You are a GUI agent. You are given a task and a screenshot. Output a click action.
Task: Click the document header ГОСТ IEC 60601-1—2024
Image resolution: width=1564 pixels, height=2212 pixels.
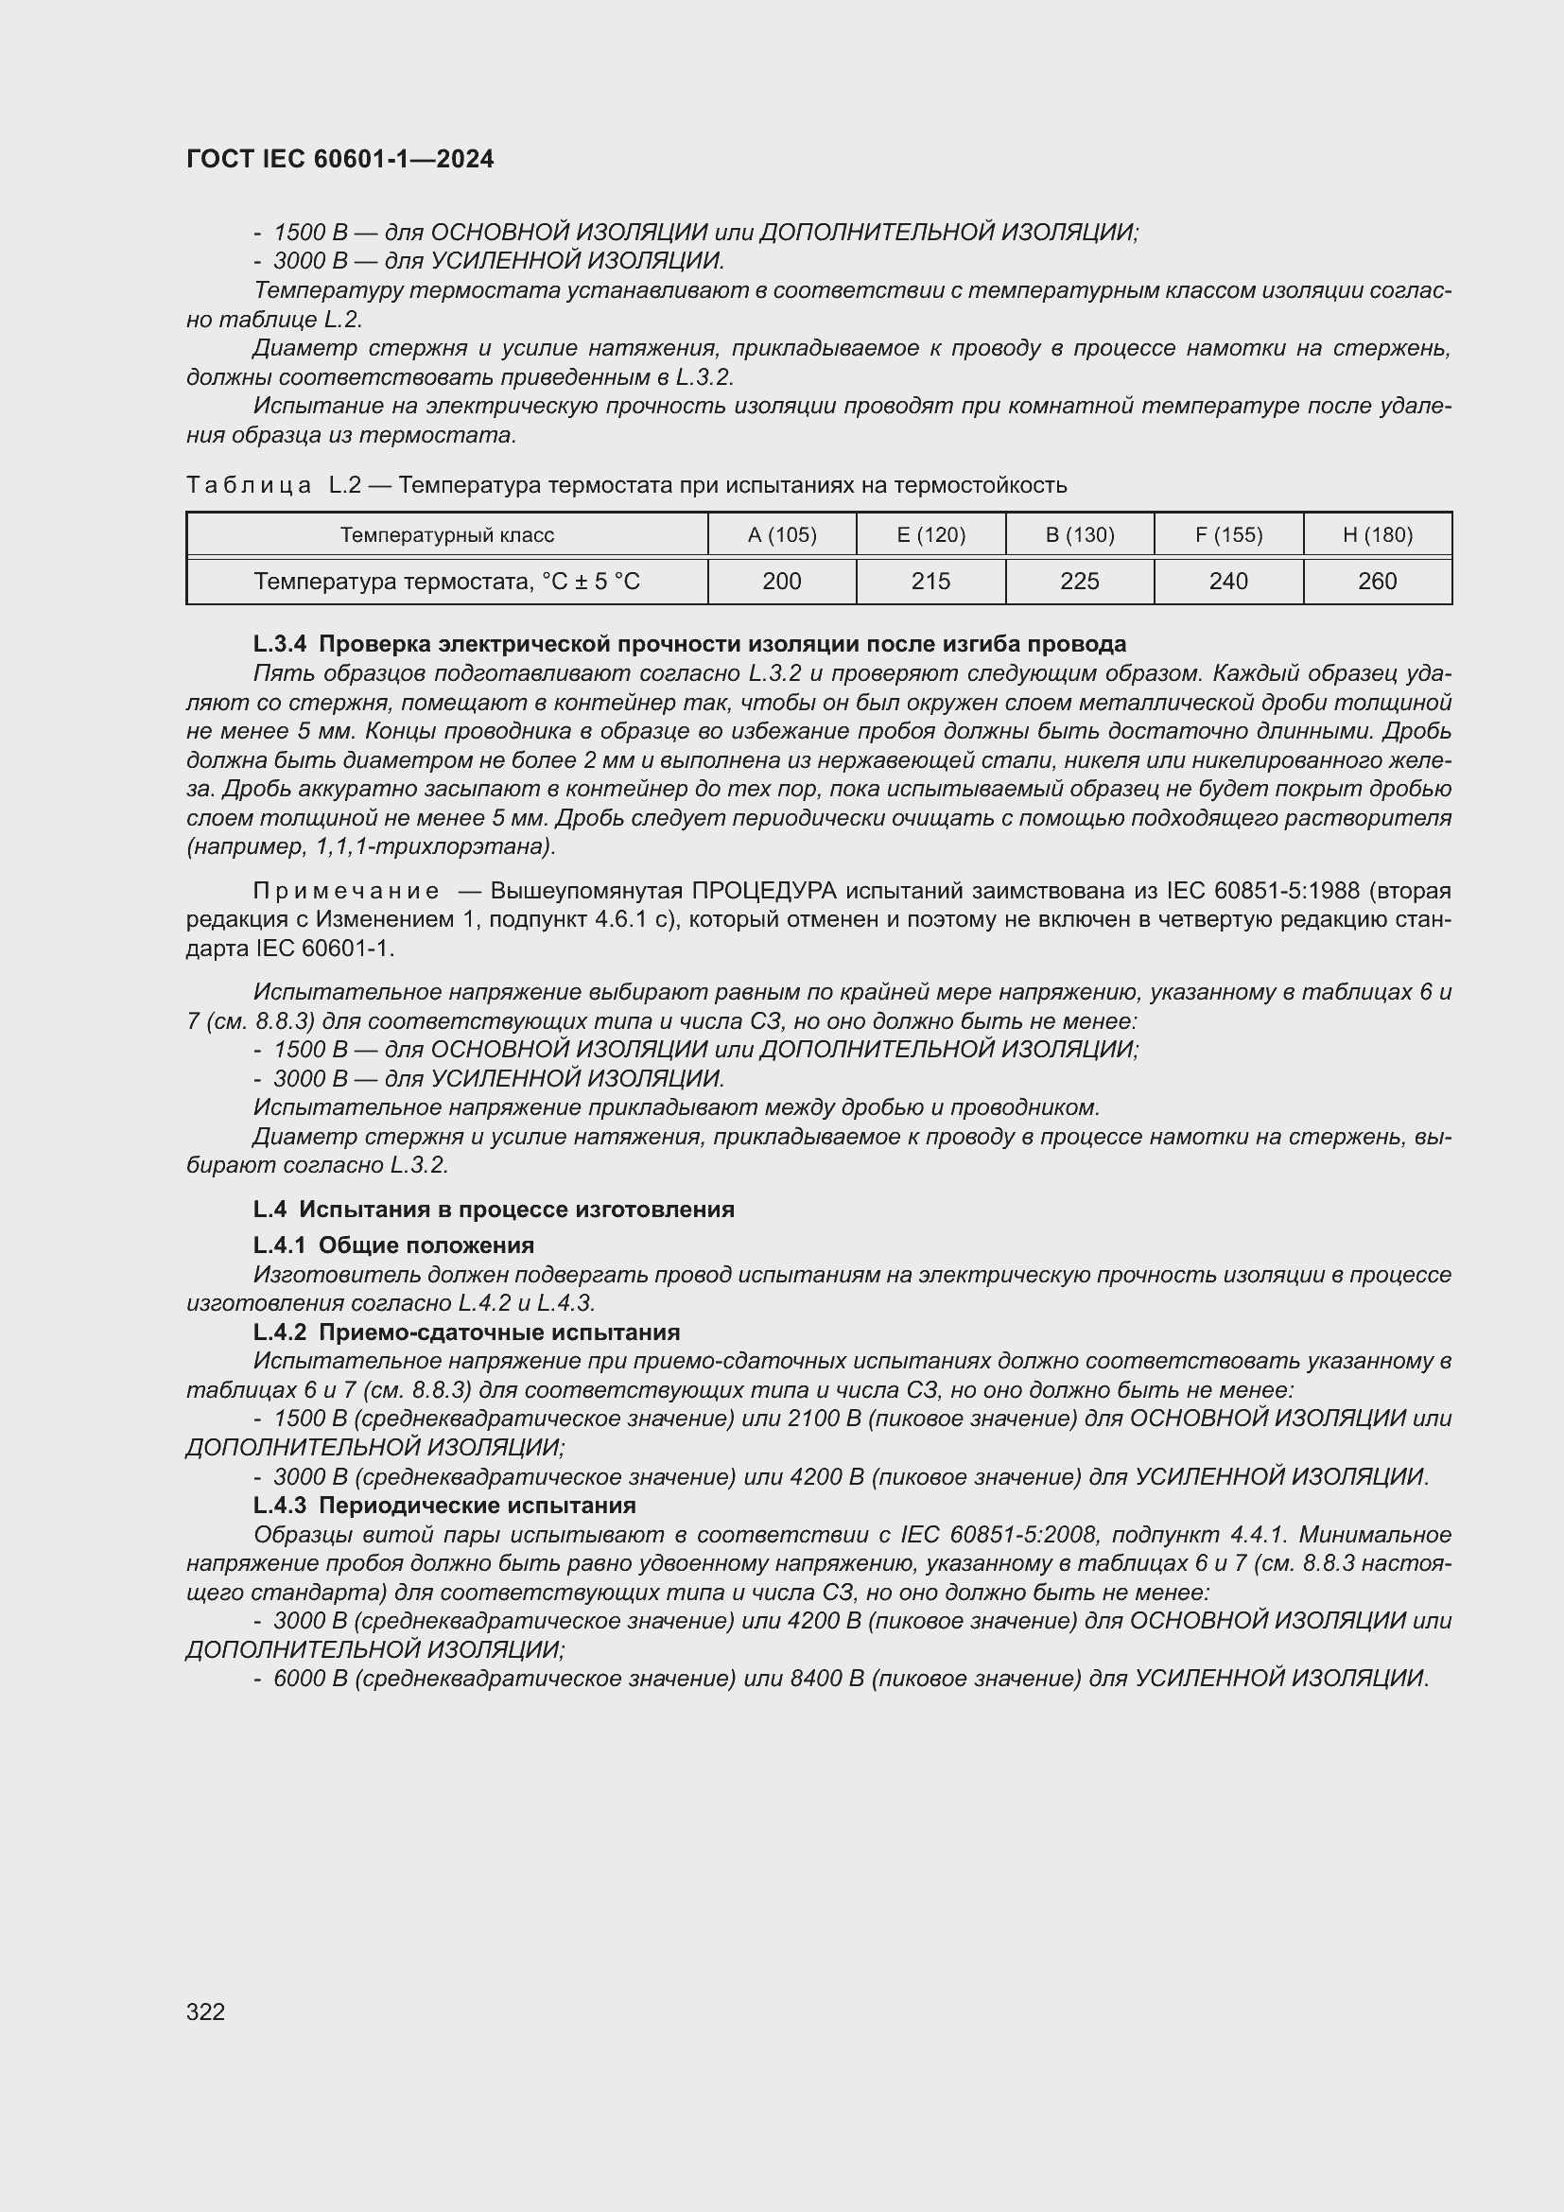340,159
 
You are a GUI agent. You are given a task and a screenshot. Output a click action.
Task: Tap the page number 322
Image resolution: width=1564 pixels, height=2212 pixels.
205,2012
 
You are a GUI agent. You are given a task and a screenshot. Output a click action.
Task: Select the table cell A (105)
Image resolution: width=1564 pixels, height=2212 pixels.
781,534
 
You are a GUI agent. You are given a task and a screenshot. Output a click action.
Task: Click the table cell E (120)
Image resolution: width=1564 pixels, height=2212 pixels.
930,534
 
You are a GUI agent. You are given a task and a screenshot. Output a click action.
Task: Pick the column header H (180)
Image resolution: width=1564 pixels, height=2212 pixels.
1377,534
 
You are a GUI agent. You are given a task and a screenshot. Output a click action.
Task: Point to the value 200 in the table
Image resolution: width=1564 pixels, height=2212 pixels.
781,581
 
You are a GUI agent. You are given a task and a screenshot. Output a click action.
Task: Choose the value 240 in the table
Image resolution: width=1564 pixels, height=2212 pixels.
1228,581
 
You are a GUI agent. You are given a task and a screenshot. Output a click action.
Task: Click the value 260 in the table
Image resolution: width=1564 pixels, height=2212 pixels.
1377,581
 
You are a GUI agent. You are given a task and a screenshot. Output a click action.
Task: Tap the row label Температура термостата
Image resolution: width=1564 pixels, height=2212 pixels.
447,581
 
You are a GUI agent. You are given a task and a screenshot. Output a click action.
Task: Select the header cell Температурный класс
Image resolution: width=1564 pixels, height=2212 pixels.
447,534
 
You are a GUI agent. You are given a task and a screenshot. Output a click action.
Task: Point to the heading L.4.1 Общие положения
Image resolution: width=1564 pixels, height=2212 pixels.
393,1245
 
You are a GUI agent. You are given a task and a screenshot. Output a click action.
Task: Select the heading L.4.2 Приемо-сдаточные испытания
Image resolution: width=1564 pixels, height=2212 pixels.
466,1332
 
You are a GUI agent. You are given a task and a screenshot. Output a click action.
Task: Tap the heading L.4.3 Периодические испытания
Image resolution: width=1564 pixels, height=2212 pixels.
444,1505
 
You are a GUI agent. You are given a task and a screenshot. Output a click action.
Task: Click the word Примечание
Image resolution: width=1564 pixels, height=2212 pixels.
346,890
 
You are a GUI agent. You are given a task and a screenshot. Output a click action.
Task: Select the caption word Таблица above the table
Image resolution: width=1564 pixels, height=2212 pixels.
249,484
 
